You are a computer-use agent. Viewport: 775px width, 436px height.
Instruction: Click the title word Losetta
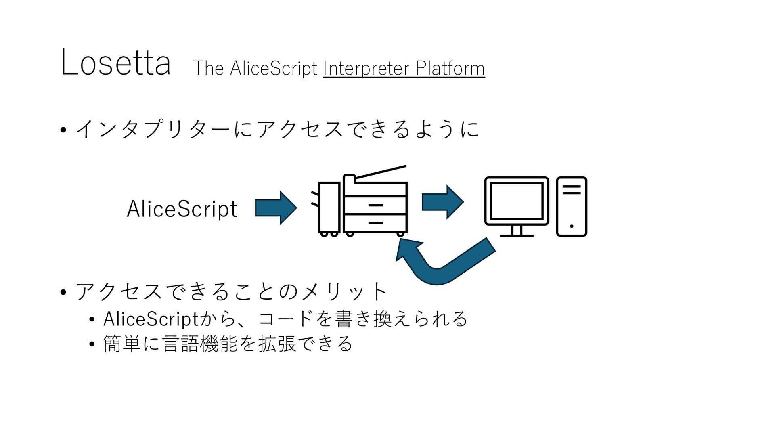(x=115, y=63)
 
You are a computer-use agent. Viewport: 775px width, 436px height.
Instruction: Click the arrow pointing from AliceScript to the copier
(x=276, y=208)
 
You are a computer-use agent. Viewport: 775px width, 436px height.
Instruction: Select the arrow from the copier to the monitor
(x=443, y=202)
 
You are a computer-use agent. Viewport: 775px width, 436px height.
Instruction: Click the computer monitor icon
(x=517, y=206)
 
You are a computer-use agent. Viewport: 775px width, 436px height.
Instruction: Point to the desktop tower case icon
(x=572, y=206)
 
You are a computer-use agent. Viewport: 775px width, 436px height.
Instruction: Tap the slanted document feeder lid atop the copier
(x=381, y=172)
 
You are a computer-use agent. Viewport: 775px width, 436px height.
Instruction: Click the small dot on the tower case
(x=572, y=226)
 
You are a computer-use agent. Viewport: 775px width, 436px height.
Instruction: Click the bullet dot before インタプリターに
(x=63, y=130)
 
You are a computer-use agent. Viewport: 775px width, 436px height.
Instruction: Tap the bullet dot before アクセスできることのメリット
(x=63, y=292)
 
